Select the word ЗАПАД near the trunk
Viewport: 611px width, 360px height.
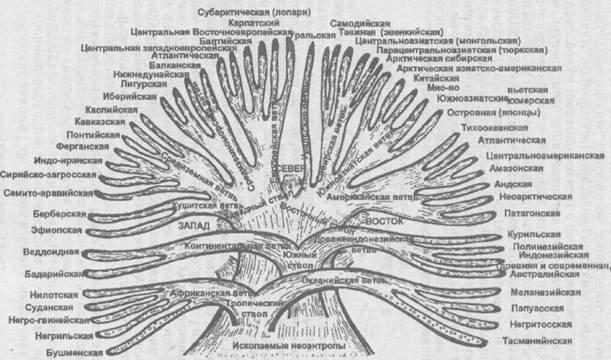coord(195,227)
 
